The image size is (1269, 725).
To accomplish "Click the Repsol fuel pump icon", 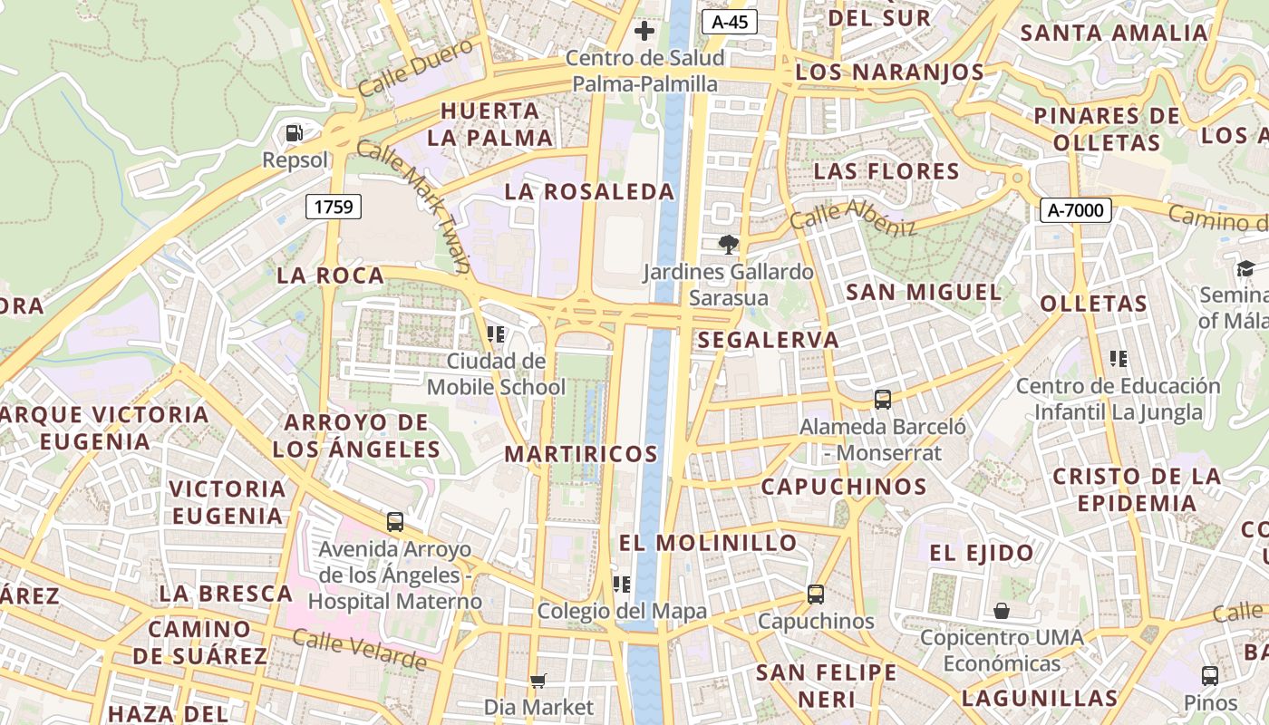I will coord(294,133).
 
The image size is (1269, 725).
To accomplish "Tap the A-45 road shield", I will coord(729,22).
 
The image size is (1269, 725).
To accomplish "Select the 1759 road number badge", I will coord(334,207).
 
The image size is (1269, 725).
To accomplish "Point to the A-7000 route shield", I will coord(1075,210).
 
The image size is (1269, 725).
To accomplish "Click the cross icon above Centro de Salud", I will coord(644,32).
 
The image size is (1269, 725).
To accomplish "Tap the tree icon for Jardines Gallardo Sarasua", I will coord(727,244).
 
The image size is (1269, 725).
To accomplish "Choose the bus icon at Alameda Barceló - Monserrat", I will coord(883,399).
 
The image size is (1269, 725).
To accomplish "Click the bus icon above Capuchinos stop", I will coord(816,594).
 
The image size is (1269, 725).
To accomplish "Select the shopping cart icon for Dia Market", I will coord(538,680).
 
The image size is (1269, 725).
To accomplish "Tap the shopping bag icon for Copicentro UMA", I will coord(1002,611).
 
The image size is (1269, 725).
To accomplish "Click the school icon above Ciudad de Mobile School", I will coord(496,334).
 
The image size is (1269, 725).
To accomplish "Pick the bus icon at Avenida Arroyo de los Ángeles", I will coord(395,522).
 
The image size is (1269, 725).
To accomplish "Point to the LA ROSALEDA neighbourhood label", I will coord(590,191).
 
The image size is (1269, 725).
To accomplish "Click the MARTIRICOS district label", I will coord(581,453).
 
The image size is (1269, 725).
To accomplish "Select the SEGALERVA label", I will coord(768,340).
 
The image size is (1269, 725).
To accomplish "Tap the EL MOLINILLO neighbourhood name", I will coord(708,543).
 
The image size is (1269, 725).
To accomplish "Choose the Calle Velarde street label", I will coord(359,650).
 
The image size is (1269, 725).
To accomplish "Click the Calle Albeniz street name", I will coord(852,217).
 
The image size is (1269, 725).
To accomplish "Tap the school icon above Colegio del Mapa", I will coord(621,584).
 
